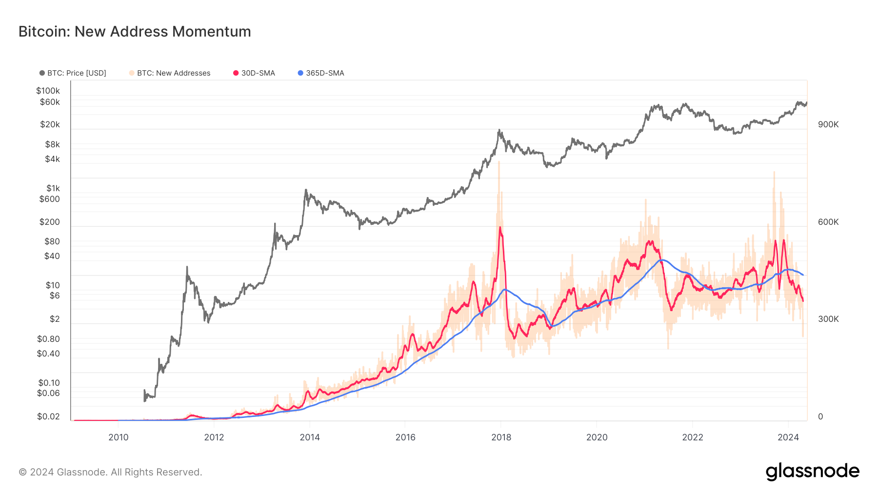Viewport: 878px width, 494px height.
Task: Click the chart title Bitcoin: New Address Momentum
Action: (x=135, y=32)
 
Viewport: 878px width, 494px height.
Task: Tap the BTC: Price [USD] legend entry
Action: (x=73, y=73)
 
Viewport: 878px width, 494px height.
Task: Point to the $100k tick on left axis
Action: (x=48, y=91)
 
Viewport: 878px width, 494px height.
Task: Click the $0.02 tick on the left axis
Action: (x=48, y=416)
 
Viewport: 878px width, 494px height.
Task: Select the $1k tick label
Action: (x=53, y=188)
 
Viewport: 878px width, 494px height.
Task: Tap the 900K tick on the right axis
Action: (x=828, y=124)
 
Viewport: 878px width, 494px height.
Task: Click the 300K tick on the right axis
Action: (x=828, y=319)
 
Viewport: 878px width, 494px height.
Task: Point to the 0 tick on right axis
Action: (x=820, y=416)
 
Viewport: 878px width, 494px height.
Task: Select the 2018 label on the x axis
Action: (x=501, y=437)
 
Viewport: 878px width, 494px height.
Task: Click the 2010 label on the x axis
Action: (x=119, y=437)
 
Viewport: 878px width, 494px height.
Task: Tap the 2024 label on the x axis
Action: (x=788, y=437)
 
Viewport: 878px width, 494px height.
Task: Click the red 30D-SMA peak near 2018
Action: (x=500, y=228)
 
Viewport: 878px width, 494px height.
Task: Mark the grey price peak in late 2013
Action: (x=306, y=190)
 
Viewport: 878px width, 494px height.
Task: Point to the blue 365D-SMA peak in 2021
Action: (x=661, y=260)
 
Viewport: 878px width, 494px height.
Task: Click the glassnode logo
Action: (x=812, y=472)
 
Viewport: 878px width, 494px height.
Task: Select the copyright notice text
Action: (x=110, y=472)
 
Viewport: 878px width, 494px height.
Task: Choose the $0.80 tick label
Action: (x=48, y=339)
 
